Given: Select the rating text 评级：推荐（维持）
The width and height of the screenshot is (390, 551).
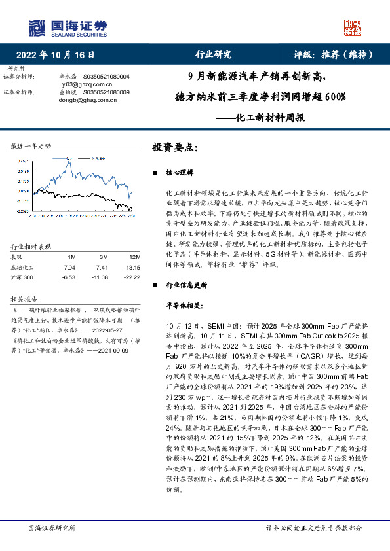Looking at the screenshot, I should coord(330,55).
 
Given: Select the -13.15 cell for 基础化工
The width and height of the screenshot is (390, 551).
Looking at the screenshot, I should coord(133,268).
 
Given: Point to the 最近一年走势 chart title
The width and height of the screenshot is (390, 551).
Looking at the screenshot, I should coord(31,145).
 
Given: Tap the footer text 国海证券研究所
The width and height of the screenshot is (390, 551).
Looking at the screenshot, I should coord(49,527).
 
